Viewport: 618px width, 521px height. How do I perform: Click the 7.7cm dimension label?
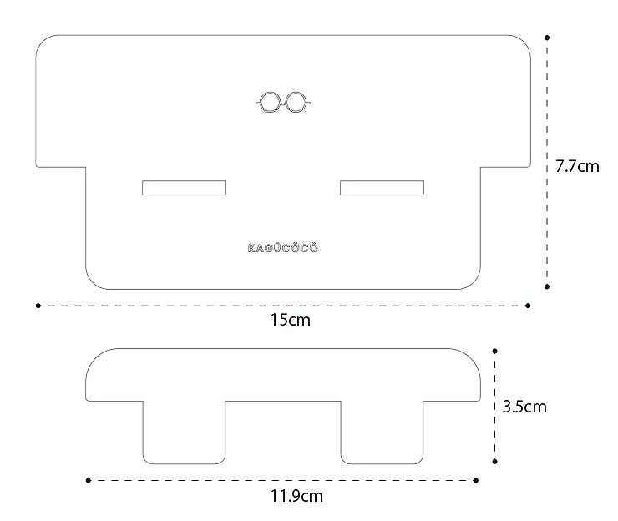(577, 166)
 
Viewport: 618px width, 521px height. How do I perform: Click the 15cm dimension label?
(283, 320)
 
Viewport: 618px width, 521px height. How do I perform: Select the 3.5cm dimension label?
(524, 407)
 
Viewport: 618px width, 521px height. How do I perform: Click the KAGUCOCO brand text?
(283, 248)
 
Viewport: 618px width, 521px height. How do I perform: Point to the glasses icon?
(283, 103)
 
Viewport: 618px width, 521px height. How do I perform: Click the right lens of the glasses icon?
(296, 103)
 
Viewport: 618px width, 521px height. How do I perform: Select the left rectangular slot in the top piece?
(184, 188)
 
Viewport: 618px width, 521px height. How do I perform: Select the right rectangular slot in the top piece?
(382, 188)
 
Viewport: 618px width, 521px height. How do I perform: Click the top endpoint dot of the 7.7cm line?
(547, 38)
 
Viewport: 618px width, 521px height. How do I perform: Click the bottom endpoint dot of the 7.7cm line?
(547, 286)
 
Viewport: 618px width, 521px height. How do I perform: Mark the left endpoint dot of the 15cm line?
(38, 306)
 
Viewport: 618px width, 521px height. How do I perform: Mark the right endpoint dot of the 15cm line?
(528, 306)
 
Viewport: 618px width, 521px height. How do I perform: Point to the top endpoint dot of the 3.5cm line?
(495, 352)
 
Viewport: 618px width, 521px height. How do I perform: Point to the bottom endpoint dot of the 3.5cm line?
(495, 461)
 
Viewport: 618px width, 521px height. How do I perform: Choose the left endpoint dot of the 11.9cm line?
(88, 480)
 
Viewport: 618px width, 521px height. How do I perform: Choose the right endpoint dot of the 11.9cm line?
(476, 480)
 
